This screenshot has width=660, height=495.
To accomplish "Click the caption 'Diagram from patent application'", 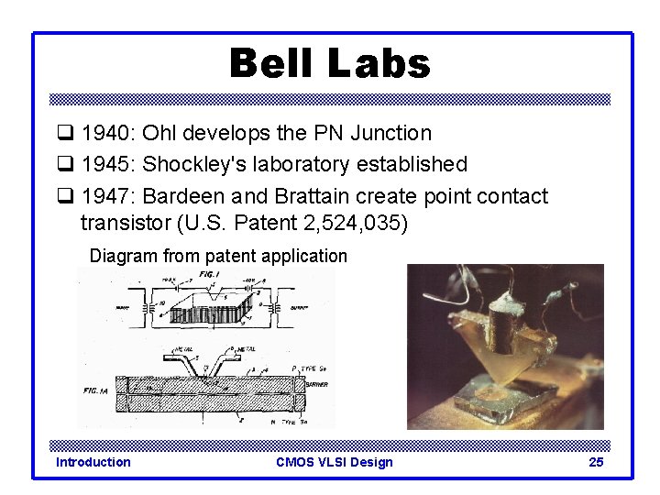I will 218,257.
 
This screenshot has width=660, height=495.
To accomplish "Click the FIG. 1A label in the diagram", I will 95,389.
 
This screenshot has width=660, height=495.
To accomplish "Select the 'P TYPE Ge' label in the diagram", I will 307,368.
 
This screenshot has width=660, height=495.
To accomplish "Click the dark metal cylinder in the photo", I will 503,324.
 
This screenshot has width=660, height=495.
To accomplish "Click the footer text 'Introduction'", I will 93,462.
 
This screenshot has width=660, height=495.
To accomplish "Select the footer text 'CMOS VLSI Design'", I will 334,462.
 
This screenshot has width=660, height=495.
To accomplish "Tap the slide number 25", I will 595,462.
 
